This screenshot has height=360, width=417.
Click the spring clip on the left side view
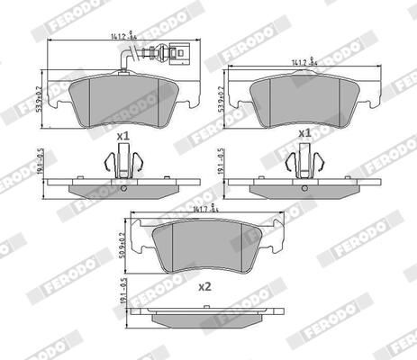coord(122,165)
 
